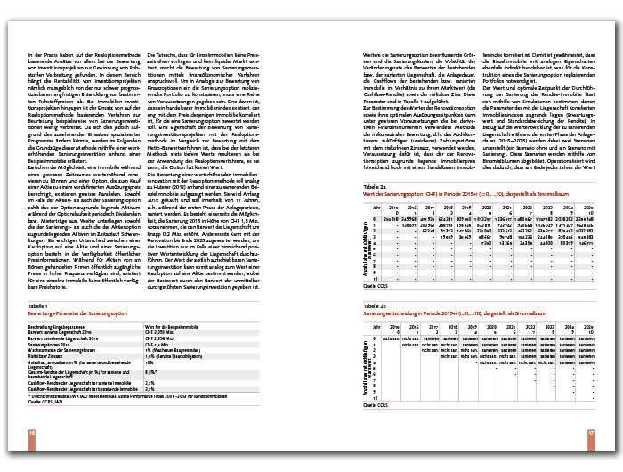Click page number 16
[x=32, y=434]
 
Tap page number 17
[x=590, y=434]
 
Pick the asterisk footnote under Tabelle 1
[x=115, y=394]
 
